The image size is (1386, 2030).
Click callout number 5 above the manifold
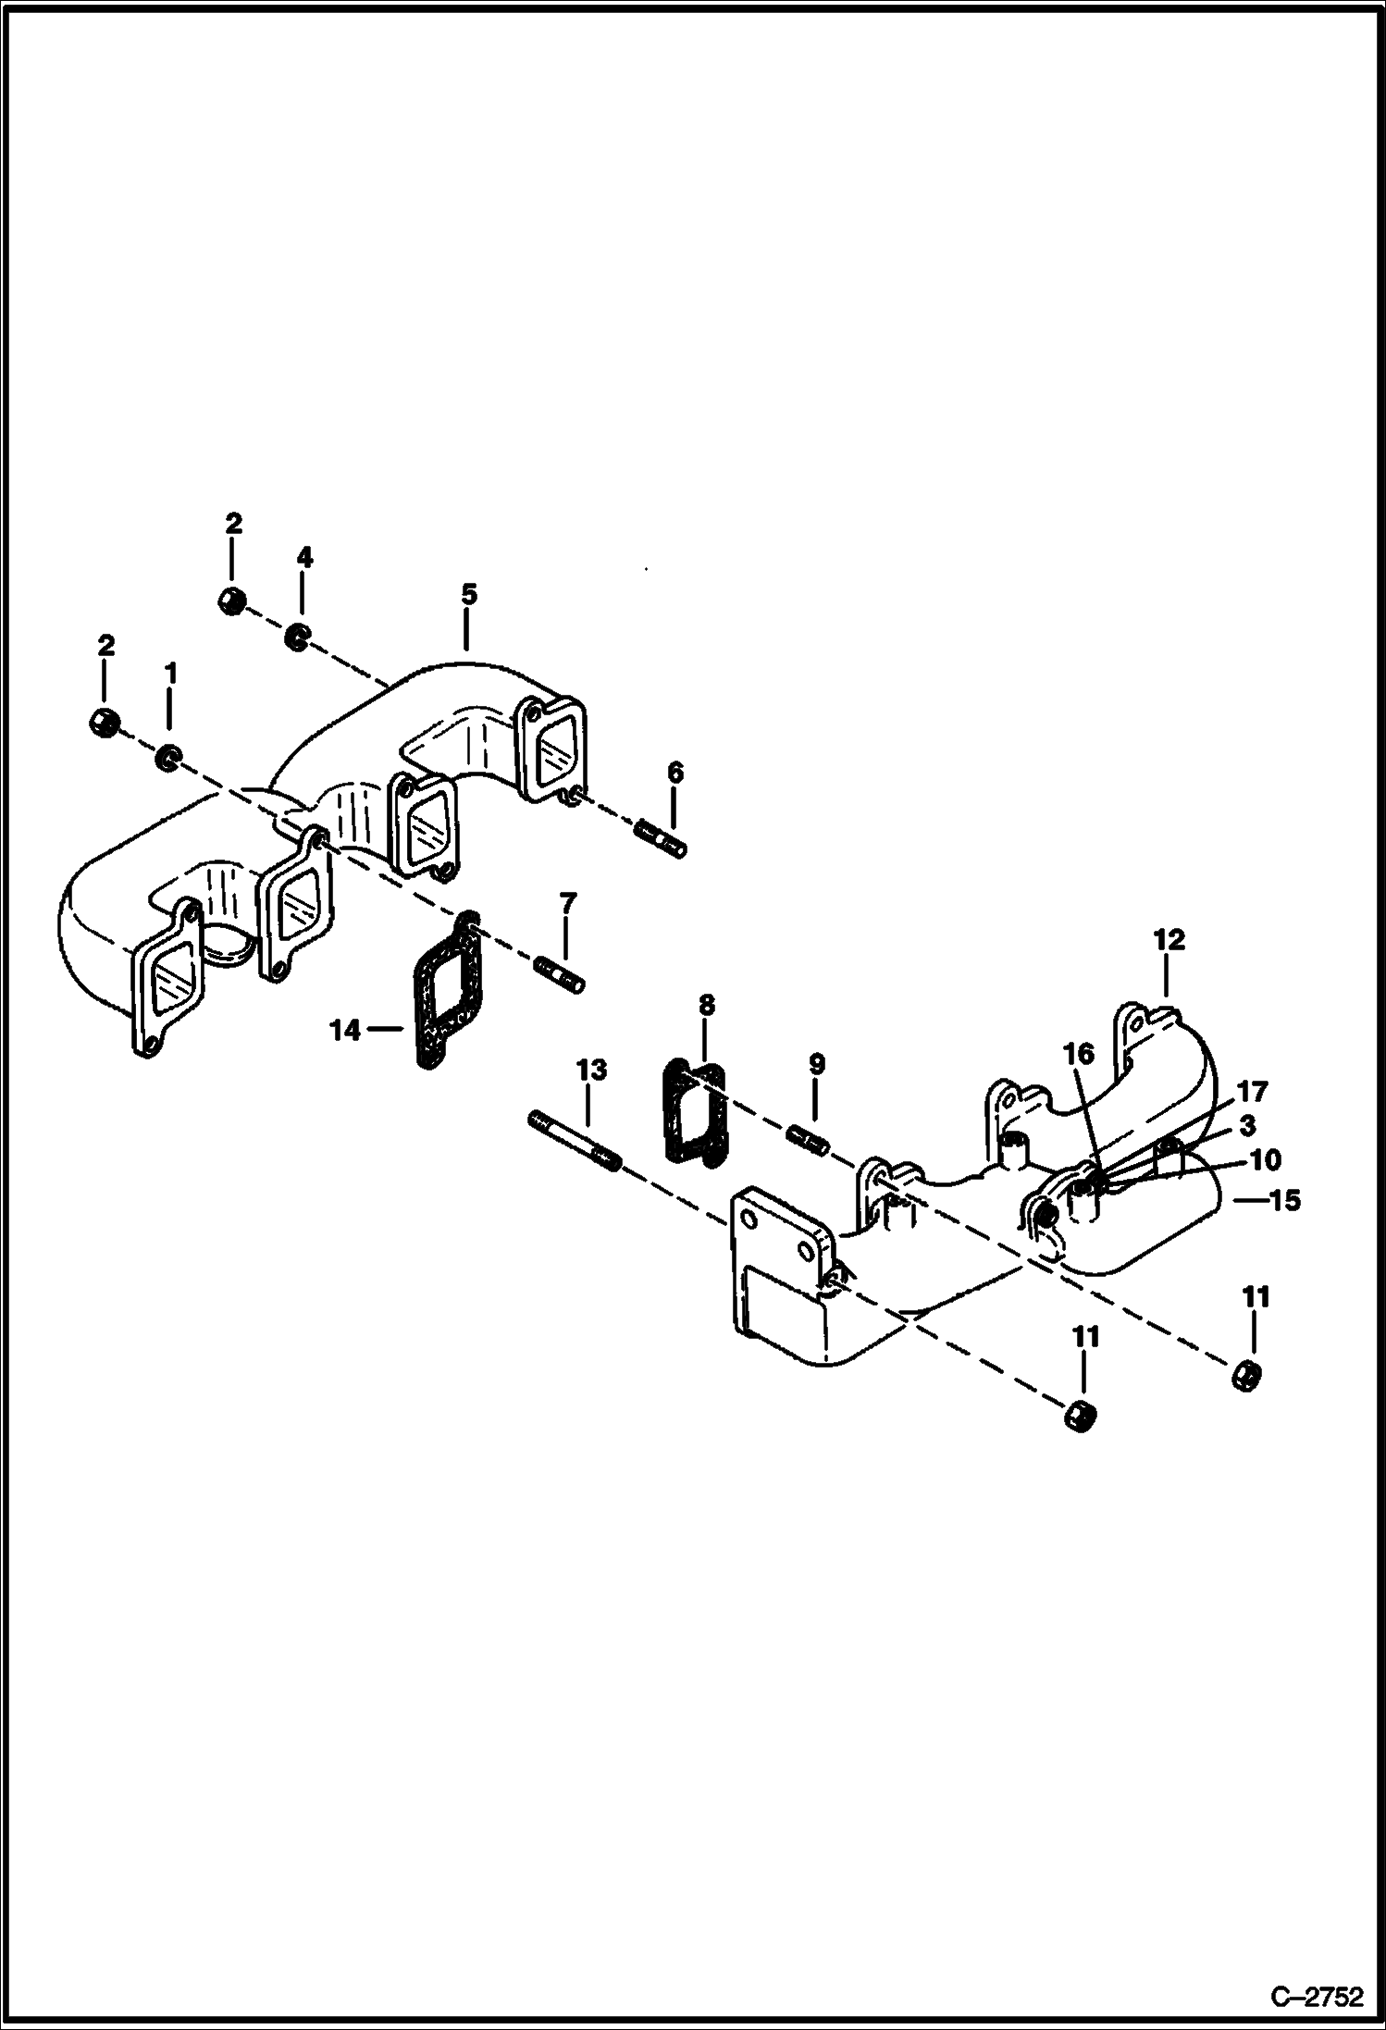pyautogui.click(x=468, y=594)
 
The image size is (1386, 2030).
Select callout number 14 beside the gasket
pyautogui.click(x=345, y=1029)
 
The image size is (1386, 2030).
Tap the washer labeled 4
pyautogui.click(x=296, y=637)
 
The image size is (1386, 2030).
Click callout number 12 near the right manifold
pyautogui.click(x=1169, y=940)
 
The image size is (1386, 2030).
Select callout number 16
pyautogui.click(x=1079, y=1054)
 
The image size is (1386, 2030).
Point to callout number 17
pyautogui.click(x=1251, y=1092)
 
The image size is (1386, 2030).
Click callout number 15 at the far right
pyautogui.click(x=1286, y=1201)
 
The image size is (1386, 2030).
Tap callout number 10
pyautogui.click(x=1264, y=1159)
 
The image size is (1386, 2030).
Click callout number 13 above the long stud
pyautogui.click(x=591, y=1070)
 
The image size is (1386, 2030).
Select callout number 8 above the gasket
pyautogui.click(x=706, y=1004)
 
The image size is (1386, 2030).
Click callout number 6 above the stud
pyautogui.click(x=674, y=772)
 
